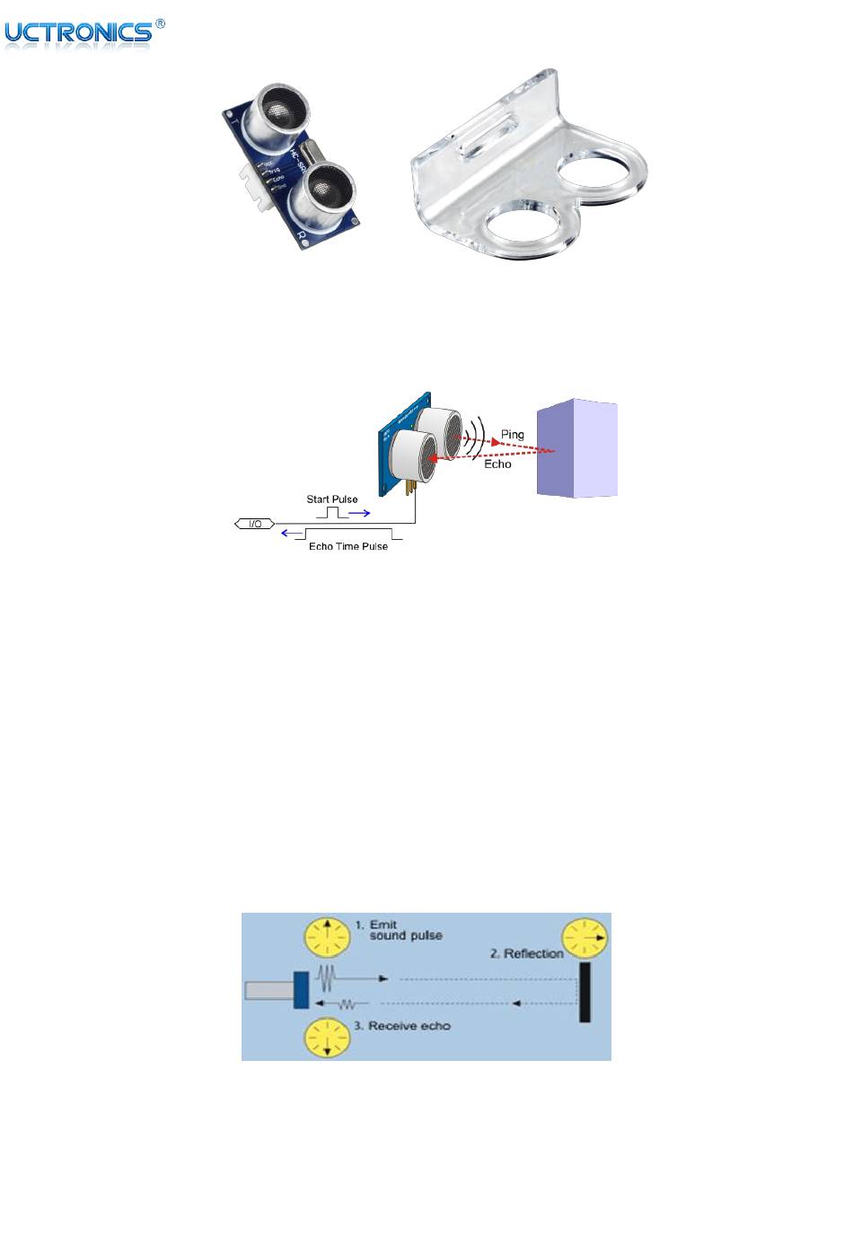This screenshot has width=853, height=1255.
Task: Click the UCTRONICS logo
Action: click(78, 33)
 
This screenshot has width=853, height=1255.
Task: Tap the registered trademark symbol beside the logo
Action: click(160, 24)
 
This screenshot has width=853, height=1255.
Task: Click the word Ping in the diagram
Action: click(512, 435)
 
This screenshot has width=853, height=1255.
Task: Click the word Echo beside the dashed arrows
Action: click(497, 464)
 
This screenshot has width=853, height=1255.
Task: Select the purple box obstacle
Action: click(577, 448)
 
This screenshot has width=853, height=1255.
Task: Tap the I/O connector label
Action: click(254, 523)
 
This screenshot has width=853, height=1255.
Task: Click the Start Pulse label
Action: click(332, 499)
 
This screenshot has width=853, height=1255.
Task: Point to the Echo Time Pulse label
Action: click(348, 546)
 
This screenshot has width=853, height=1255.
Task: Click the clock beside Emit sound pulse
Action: click(327, 935)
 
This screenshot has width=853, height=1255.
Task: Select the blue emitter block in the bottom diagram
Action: click(301, 990)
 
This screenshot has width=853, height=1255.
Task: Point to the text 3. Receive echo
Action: click(409, 1026)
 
